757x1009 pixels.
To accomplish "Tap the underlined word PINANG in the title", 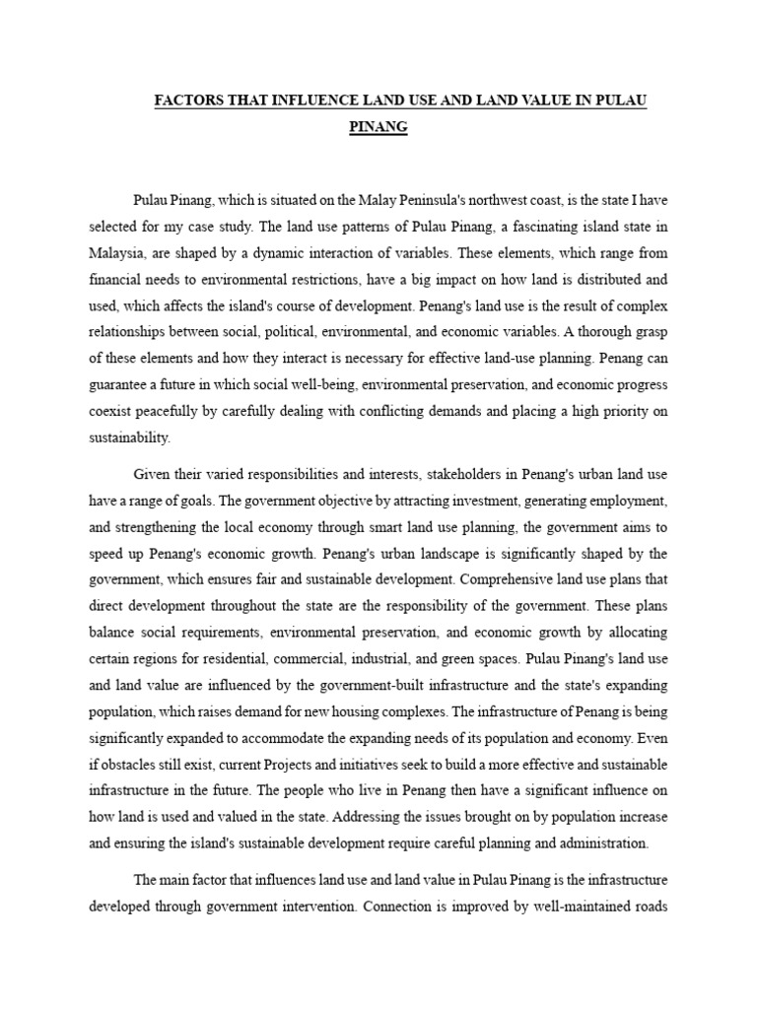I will coord(378,128).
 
